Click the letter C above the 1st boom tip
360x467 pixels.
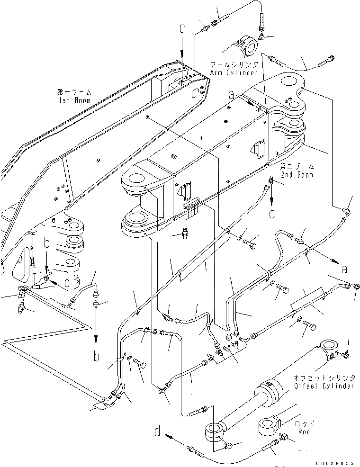click(x=181, y=29)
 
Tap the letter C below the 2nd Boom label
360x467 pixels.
click(x=272, y=214)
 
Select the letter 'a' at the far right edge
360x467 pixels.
click(x=344, y=269)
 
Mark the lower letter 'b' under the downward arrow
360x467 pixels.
click(x=96, y=356)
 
